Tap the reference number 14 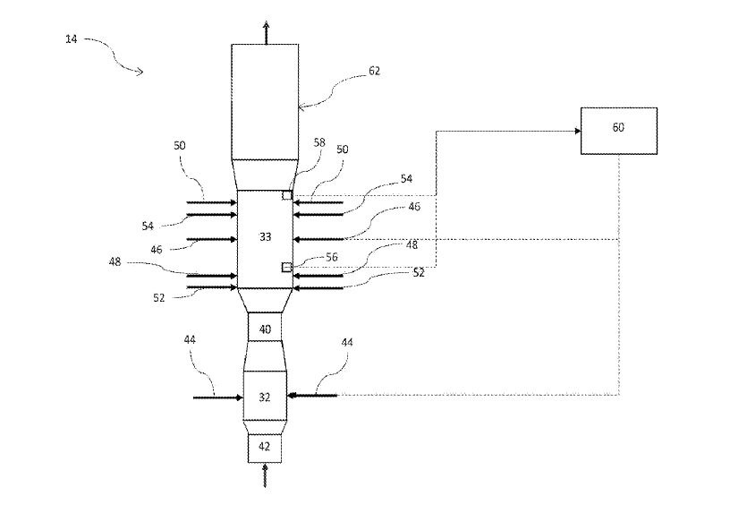pyautogui.click(x=71, y=39)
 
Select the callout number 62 pyautogui.click(x=374, y=71)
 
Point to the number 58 pyautogui.click(x=320, y=141)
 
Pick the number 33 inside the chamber pyautogui.click(x=265, y=237)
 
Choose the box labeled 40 pyautogui.click(x=265, y=329)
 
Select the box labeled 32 pyautogui.click(x=265, y=396)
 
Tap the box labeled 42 pyautogui.click(x=265, y=447)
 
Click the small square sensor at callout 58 pyautogui.click(x=287, y=195)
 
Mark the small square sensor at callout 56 pyautogui.click(x=287, y=267)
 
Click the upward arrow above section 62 pyautogui.click(x=266, y=30)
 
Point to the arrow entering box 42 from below pyautogui.click(x=265, y=474)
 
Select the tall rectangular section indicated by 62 pyautogui.click(x=265, y=100)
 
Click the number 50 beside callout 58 pyautogui.click(x=342, y=150)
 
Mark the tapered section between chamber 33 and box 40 pyautogui.click(x=265, y=300)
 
